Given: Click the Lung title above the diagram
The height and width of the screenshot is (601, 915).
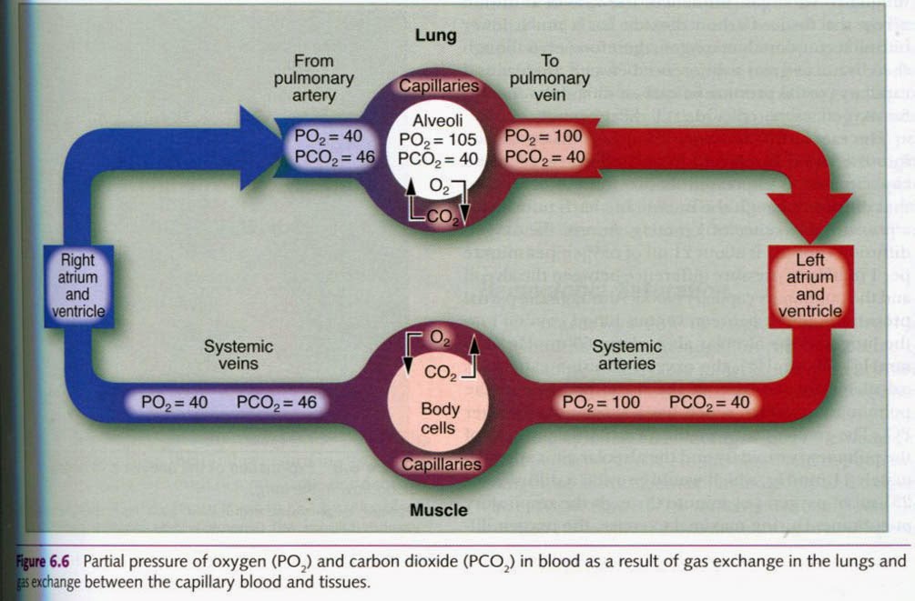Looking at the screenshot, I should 437,35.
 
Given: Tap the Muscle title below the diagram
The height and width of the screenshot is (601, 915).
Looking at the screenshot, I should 438,510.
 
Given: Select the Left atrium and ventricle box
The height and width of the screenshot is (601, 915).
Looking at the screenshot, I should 808,285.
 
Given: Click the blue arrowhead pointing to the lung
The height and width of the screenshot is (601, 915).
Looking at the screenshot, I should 259,146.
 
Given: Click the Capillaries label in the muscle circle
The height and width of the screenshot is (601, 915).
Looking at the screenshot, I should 442,464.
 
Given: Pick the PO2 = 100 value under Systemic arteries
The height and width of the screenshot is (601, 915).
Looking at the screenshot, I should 600,402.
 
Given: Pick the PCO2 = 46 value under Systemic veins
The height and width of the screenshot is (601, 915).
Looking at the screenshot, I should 277,402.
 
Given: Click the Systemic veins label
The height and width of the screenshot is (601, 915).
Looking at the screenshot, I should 238,356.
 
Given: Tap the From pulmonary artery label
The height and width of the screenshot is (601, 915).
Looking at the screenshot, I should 313,78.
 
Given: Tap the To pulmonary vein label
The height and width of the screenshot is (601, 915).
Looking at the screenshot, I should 549,78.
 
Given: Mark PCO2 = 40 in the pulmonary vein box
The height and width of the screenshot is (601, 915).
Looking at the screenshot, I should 544,155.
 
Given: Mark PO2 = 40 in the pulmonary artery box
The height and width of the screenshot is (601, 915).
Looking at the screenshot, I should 329,136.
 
